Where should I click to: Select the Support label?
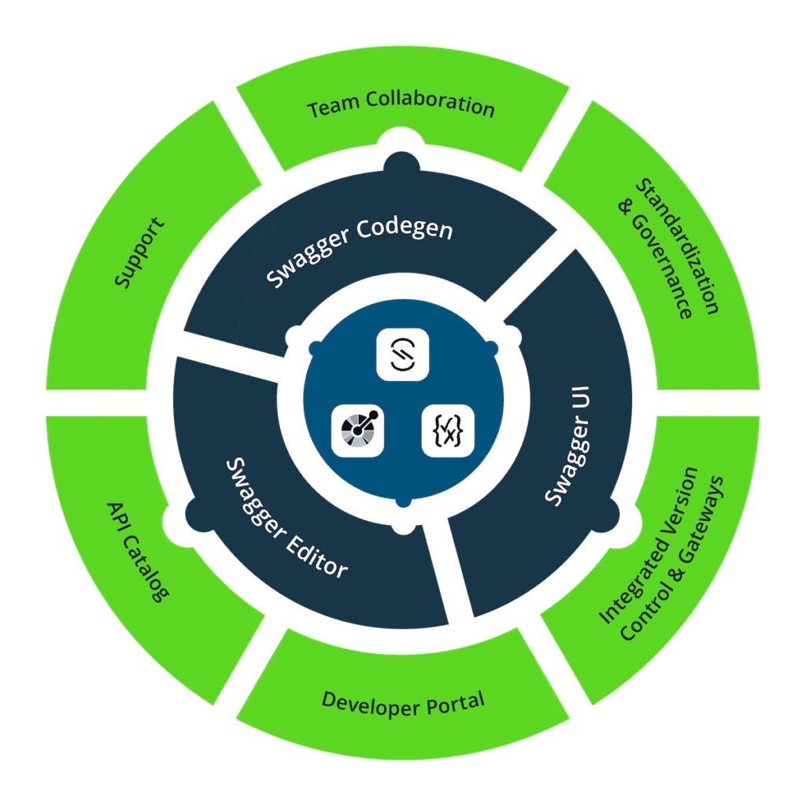139,253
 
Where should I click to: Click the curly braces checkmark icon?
447,431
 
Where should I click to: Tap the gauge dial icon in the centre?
357,431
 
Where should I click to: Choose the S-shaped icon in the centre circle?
402,355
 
